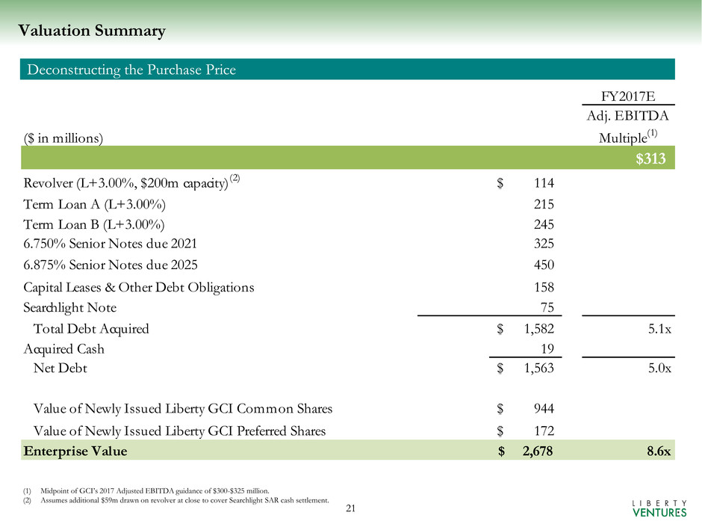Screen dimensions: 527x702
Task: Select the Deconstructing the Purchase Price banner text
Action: click(x=131, y=70)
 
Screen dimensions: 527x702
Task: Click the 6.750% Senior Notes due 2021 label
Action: click(x=111, y=242)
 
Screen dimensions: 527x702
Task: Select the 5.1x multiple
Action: click(x=657, y=328)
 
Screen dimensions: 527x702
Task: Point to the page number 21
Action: click(x=351, y=509)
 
